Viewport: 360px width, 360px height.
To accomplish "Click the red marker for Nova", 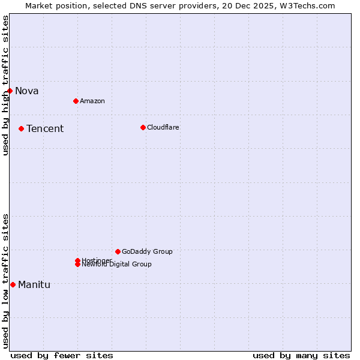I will (x=10, y=91).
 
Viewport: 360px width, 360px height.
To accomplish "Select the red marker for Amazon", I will (x=76, y=101).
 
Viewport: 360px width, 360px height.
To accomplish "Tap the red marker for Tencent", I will (x=21, y=128).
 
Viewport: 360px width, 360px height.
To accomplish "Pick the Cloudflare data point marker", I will (x=143, y=127).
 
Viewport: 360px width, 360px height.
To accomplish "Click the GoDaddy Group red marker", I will (x=118, y=251).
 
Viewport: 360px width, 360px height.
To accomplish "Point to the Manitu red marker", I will (x=13, y=284).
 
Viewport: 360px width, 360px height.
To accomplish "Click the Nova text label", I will (x=27, y=91).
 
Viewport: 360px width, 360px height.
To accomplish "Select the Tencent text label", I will (x=45, y=129).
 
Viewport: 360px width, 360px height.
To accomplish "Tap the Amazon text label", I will (x=92, y=101).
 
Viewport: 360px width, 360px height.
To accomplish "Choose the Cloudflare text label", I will (x=163, y=127).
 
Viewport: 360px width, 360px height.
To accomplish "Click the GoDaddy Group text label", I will (x=147, y=251).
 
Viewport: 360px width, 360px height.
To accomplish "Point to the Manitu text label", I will (x=34, y=285).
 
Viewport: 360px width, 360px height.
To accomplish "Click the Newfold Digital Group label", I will (x=117, y=265).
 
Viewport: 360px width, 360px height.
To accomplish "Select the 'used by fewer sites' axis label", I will (x=62, y=355).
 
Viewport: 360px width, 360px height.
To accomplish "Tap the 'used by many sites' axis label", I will (x=301, y=355).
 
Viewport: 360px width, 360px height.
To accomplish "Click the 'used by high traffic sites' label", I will (x=5, y=85).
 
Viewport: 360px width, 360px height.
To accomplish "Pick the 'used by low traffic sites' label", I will (x=5, y=281).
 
